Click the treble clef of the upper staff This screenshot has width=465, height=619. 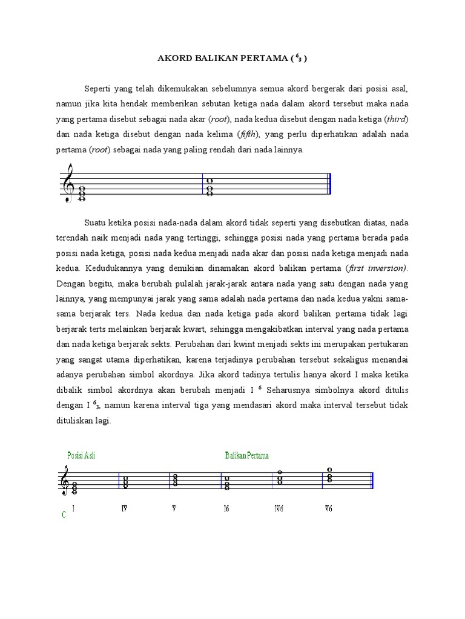click(x=68, y=183)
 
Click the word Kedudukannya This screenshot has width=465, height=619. click(x=114, y=267)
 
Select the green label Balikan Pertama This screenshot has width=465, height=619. click(x=246, y=455)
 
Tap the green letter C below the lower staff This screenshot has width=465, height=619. click(x=64, y=515)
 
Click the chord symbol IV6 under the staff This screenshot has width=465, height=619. click(x=279, y=508)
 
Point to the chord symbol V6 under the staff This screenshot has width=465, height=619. click(x=328, y=508)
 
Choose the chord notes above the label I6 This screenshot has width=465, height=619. click(x=226, y=484)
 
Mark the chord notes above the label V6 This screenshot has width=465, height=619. click(x=329, y=476)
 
